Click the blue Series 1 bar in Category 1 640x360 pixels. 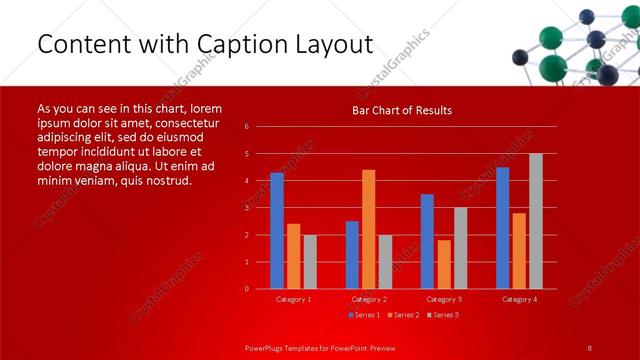tap(277, 231)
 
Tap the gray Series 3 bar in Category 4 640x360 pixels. tap(535, 221)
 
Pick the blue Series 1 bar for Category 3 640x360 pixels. tap(427, 241)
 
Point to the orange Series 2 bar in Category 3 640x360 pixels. tap(443, 264)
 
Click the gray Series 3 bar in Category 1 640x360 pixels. tap(310, 262)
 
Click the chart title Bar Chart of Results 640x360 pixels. tap(402, 110)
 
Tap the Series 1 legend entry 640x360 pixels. tap(364, 315)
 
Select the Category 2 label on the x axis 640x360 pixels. tap(369, 299)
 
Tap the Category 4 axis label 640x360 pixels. tap(519, 299)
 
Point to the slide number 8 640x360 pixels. tap(589, 347)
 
